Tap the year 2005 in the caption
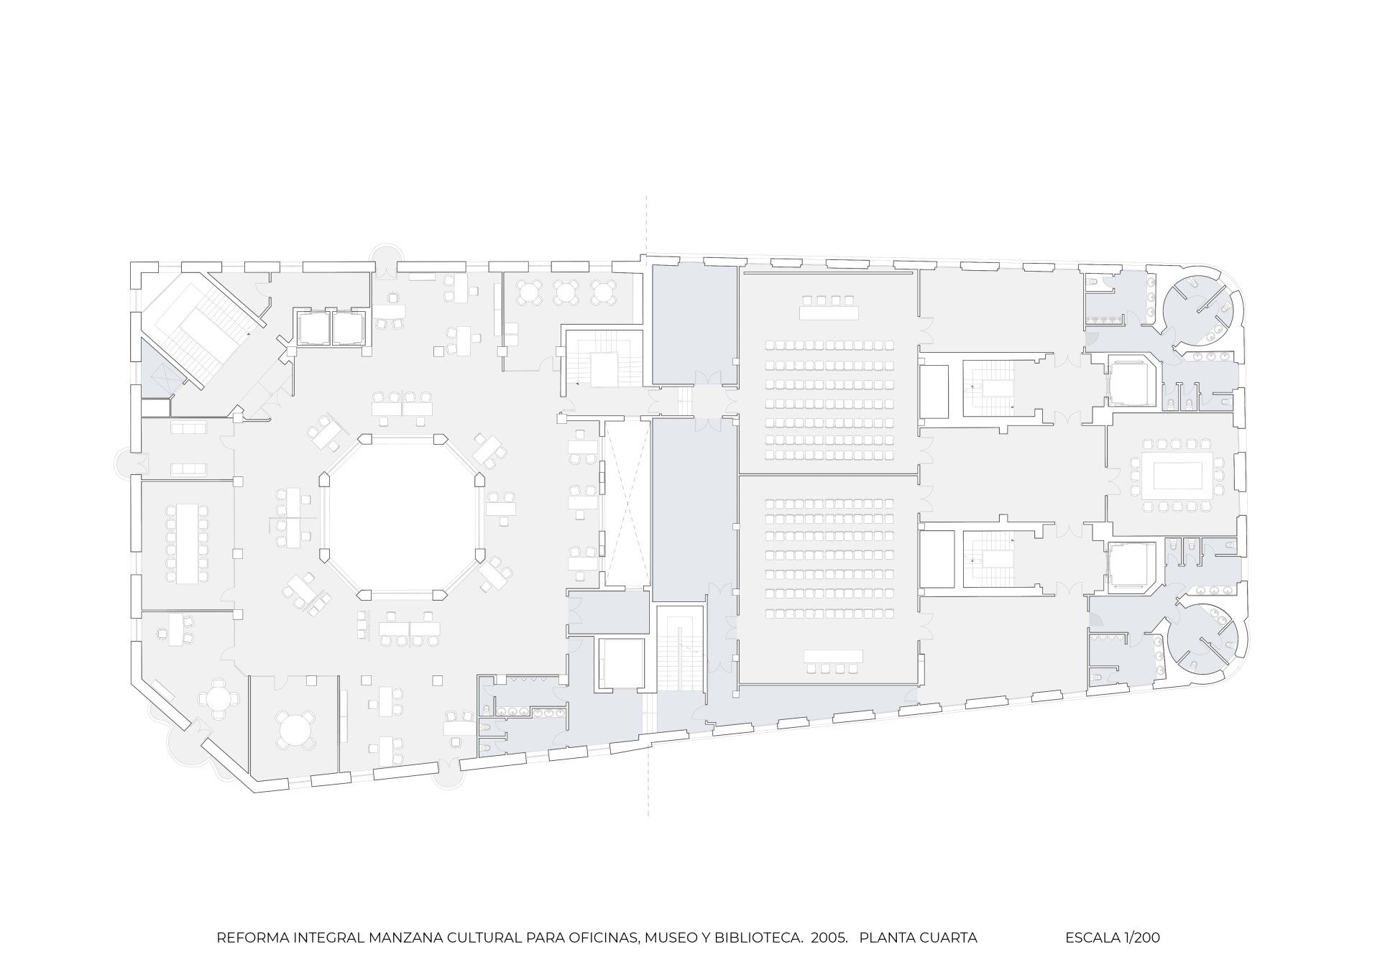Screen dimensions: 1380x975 [x=827, y=937]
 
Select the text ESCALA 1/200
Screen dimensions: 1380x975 [x=1112, y=937]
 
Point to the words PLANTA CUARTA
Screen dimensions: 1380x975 [x=918, y=937]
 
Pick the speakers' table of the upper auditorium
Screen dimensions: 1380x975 [x=829, y=313]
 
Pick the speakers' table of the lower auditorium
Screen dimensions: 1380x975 [x=832, y=656]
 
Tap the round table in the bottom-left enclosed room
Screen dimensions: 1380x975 [x=293, y=730]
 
